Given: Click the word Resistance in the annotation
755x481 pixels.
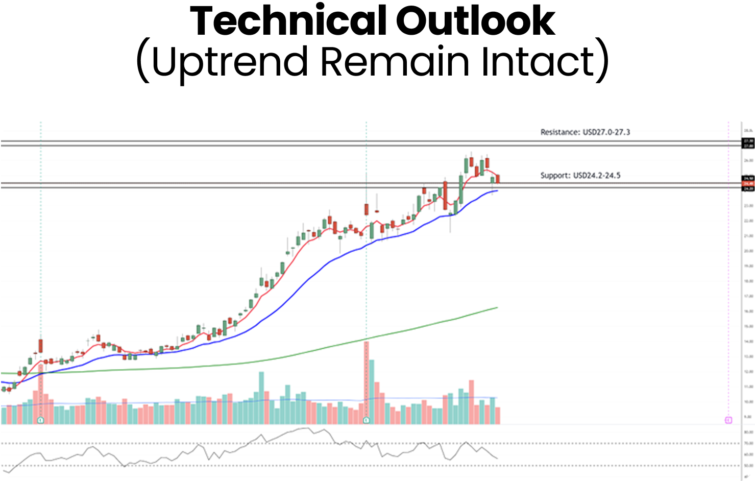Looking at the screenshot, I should point(560,132).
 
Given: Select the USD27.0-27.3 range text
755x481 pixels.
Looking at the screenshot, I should point(606,132).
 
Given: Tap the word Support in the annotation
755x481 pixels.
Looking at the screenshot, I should point(555,176).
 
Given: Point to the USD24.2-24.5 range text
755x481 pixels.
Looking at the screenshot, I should point(597,176).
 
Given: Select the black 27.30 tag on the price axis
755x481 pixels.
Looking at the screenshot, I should point(749,140).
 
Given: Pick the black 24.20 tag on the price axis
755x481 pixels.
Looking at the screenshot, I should point(749,189).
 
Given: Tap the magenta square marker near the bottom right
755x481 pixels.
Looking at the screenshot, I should point(728,420).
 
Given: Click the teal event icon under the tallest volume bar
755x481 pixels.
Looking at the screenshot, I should point(366,420).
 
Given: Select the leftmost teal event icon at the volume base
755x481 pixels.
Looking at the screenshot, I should point(41,420).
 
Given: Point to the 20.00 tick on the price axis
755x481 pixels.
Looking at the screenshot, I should point(748,251).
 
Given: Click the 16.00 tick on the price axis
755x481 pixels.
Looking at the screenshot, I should point(748,311).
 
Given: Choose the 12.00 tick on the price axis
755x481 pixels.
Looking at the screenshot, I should point(748,372).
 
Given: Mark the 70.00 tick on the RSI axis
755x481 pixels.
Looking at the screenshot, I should point(748,443).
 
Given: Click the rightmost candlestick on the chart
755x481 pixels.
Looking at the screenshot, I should point(498,179).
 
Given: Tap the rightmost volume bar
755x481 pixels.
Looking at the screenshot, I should point(498,415).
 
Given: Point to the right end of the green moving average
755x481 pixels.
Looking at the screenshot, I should point(497,308).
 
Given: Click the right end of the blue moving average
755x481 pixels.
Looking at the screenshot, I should point(497,191).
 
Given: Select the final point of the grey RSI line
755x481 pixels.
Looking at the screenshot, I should point(497,459).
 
